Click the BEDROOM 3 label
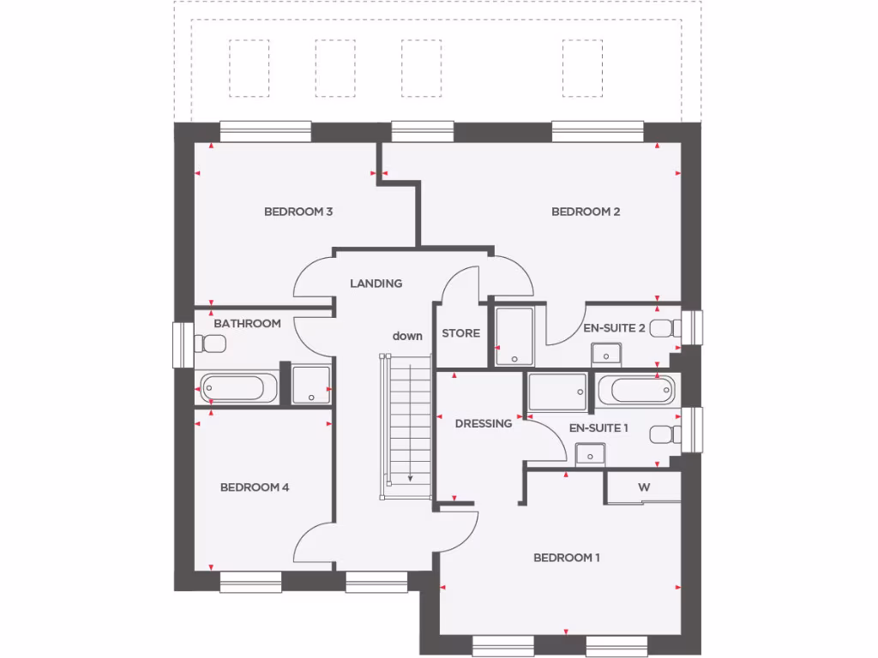[x=298, y=212]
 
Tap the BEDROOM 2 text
[x=585, y=212]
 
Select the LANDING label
[x=376, y=283]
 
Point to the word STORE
[x=460, y=333]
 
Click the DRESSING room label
[x=483, y=423]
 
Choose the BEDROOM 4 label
[x=255, y=488]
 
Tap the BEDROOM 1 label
[x=566, y=558]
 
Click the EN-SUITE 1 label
[x=598, y=427]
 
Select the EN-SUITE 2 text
[x=614, y=327]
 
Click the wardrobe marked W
[x=643, y=487]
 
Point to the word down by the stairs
[x=407, y=336]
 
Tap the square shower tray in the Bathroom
[x=310, y=385]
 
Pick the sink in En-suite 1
[x=591, y=452]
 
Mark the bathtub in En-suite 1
[x=635, y=390]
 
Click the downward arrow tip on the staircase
[x=410, y=480]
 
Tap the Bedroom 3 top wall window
[x=265, y=130]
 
